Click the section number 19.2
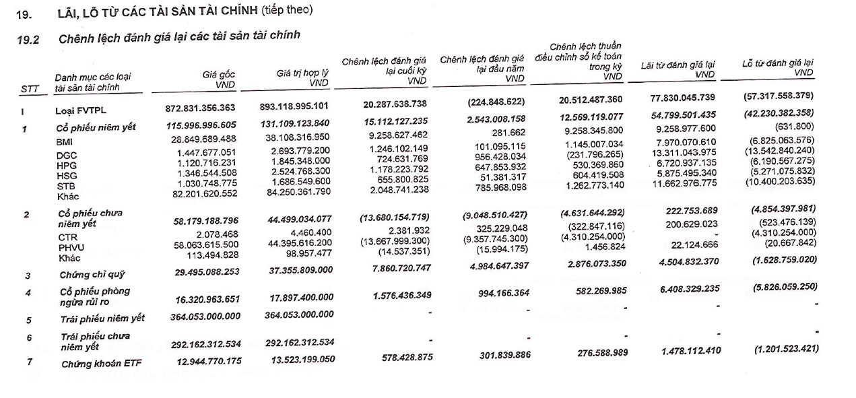point(28,39)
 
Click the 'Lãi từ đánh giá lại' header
point(677,69)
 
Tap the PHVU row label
point(70,247)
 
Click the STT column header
point(30,89)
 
